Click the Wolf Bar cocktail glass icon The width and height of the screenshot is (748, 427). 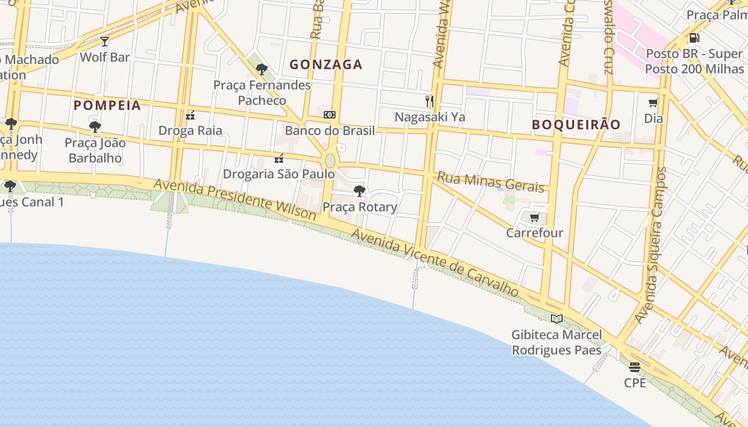coord(104,42)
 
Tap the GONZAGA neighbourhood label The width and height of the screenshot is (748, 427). coord(326,65)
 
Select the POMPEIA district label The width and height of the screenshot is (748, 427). coord(107,105)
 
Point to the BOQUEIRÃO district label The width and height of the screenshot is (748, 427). coord(576,124)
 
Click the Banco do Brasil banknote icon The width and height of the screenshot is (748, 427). coord(330,115)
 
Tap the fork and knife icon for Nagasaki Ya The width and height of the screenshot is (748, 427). coord(430,101)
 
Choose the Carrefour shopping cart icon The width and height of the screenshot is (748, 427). coord(534,217)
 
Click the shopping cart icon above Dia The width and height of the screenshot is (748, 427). coord(653,103)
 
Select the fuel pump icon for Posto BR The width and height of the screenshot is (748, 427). coord(694,38)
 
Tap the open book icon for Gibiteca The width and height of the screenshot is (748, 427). coord(557,319)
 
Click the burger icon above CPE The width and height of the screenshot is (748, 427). coord(635,367)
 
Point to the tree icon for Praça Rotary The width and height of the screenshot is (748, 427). coord(360,191)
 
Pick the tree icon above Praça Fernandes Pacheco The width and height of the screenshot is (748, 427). coord(262,69)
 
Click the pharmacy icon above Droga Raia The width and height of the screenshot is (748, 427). coord(190,115)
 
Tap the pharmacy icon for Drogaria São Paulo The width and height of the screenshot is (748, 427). coord(278,158)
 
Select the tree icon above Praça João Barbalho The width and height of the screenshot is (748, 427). coord(95,127)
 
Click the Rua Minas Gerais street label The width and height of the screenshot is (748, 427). coord(490,181)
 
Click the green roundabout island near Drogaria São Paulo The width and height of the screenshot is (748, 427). coord(330,161)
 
